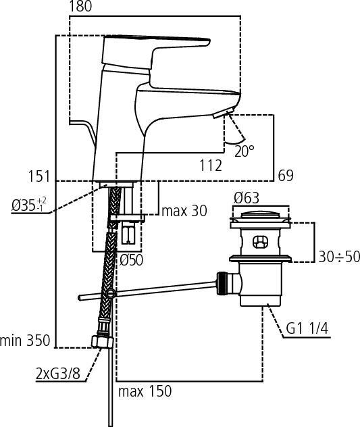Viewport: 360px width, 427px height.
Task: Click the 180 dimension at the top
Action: point(80,6)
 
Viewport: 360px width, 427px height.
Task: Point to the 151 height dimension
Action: point(39,176)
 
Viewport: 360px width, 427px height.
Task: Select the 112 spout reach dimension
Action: point(211,166)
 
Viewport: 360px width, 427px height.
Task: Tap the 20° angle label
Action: point(245,151)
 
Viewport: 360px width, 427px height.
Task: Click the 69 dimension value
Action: point(286,176)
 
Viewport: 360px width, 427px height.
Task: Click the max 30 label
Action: point(184,211)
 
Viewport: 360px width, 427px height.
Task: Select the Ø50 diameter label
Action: point(131,260)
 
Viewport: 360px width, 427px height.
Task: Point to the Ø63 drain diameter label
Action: point(247,198)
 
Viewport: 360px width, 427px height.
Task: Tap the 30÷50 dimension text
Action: point(339,257)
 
